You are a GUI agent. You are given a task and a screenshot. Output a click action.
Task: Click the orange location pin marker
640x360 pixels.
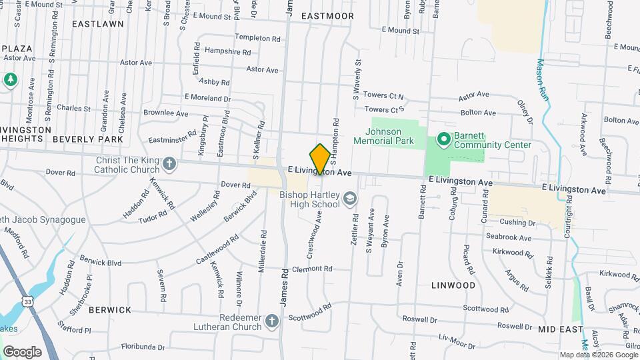coord(320,159)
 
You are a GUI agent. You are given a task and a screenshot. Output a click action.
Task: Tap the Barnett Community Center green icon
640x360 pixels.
coord(443,139)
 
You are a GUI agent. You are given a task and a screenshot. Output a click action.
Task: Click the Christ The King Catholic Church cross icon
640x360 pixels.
coord(170,163)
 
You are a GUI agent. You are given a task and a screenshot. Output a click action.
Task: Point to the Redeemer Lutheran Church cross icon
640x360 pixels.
coord(271,322)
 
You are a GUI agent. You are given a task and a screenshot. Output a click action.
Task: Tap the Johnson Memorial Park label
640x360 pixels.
coord(390,136)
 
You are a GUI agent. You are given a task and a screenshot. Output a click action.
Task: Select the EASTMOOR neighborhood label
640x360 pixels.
coord(327,15)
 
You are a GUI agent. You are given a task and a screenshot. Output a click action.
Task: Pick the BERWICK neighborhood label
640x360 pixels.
coord(109,310)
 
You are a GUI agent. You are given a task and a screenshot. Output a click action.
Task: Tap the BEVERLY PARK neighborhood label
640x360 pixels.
coord(88,139)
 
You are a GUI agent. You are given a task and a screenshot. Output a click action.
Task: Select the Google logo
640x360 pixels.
coord(22,351)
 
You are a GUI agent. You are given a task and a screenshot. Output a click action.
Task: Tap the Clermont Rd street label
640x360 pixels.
coord(312,269)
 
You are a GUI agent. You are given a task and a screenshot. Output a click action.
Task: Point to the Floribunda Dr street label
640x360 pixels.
coord(143,347)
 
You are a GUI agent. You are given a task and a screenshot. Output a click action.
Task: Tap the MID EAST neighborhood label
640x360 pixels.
coord(561,330)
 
